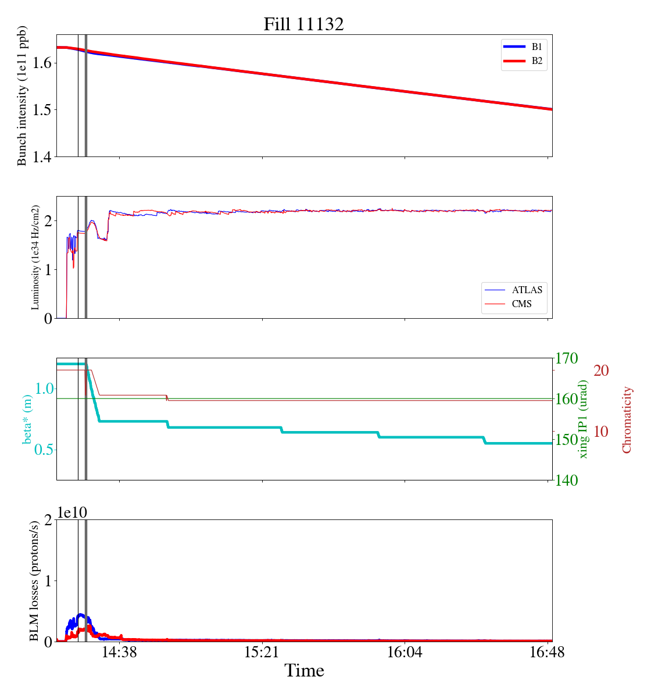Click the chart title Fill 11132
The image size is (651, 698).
pyautogui.click(x=303, y=24)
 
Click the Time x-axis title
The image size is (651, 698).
pyautogui.click(x=304, y=671)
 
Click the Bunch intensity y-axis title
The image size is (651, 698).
pyautogui.click(x=23, y=95)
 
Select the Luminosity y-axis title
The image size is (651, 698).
pyautogui.click(x=35, y=257)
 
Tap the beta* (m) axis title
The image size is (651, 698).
pyautogui.click(x=27, y=419)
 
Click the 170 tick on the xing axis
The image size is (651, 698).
pyautogui.click(x=567, y=358)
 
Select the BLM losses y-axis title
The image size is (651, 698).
pyautogui.click(x=35, y=581)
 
